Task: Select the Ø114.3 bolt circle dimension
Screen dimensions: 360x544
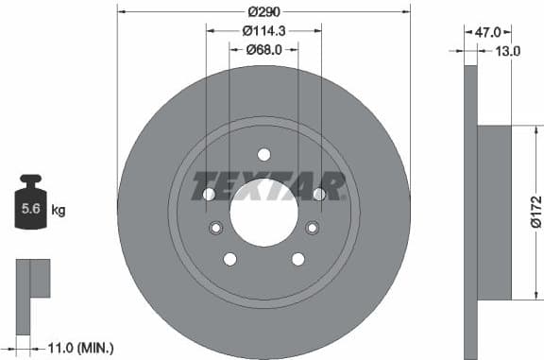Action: click(x=263, y=31)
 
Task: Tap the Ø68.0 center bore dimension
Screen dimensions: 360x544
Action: click(x=263, y=50)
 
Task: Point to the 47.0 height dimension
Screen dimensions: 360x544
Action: click(x=487, y=31)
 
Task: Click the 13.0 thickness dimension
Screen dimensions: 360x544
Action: click(x=509, y=51)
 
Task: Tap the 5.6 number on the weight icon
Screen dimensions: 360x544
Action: click(x=30, y=209)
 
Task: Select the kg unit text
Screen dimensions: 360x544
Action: click(x=59, y=209)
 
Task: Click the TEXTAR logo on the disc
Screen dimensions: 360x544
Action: click(x=269, y=186)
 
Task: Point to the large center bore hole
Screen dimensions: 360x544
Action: click(x=263, y=210)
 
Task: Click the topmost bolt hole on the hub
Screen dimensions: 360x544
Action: click(x=263, y=155)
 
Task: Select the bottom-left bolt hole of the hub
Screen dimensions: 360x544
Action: click(x=229, y=259)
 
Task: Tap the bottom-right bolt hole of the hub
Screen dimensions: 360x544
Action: click(x=297, y=259)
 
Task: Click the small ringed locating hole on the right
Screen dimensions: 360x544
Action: click(x=312, y=227)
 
